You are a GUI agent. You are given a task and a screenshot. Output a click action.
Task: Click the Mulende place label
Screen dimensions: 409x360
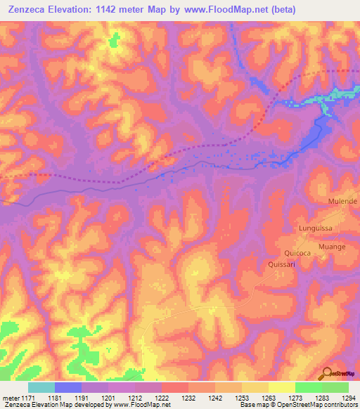(x=343, y=201)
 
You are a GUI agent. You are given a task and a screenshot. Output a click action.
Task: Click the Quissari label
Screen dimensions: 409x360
(x=281, y=264)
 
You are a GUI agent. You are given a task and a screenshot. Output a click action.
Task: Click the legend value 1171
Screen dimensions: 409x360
(x=26, y=397)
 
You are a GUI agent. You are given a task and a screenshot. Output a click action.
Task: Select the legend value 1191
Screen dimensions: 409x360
(x=80, y=397)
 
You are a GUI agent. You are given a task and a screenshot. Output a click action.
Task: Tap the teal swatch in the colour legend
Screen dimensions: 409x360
(x=41, y=387)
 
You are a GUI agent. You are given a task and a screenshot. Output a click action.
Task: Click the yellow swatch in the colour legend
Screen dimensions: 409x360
(x=281, y=387)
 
